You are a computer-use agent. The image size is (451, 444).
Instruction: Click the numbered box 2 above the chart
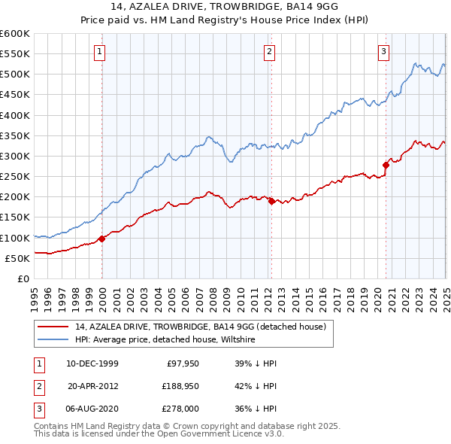269,52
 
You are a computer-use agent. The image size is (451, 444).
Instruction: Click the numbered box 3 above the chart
383,52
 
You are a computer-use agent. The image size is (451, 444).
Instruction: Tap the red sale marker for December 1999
101,239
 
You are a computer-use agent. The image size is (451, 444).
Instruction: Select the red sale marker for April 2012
271,201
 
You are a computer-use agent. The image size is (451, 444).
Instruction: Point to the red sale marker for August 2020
386,165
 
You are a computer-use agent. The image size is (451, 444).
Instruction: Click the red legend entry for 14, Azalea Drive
200,327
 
